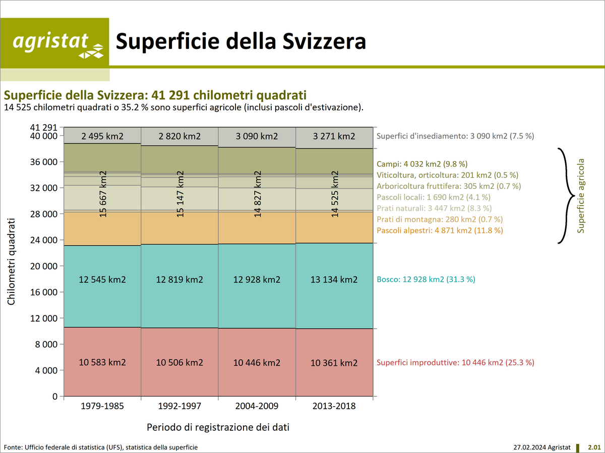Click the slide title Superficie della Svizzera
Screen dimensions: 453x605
(241, 42)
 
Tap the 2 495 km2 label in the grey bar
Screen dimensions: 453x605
(102, 136)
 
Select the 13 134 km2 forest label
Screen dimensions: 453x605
(333, 279)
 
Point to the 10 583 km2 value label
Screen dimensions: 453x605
(102, 362)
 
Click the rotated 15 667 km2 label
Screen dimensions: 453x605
(103, 194)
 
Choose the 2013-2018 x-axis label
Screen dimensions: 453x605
(334, 406)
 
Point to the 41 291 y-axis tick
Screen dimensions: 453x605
(44, 128)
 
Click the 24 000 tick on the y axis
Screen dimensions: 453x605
(44, 240)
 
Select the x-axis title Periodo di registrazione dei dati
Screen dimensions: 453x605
(218, 427)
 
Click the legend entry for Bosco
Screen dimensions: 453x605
(426, 279)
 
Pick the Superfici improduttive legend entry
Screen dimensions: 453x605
(455, 362)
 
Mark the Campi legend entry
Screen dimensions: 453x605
(422, 164)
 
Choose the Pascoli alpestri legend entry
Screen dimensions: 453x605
(440, 231)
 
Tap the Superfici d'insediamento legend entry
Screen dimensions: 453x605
(455, 136)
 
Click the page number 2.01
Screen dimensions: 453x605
(594, 447)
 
